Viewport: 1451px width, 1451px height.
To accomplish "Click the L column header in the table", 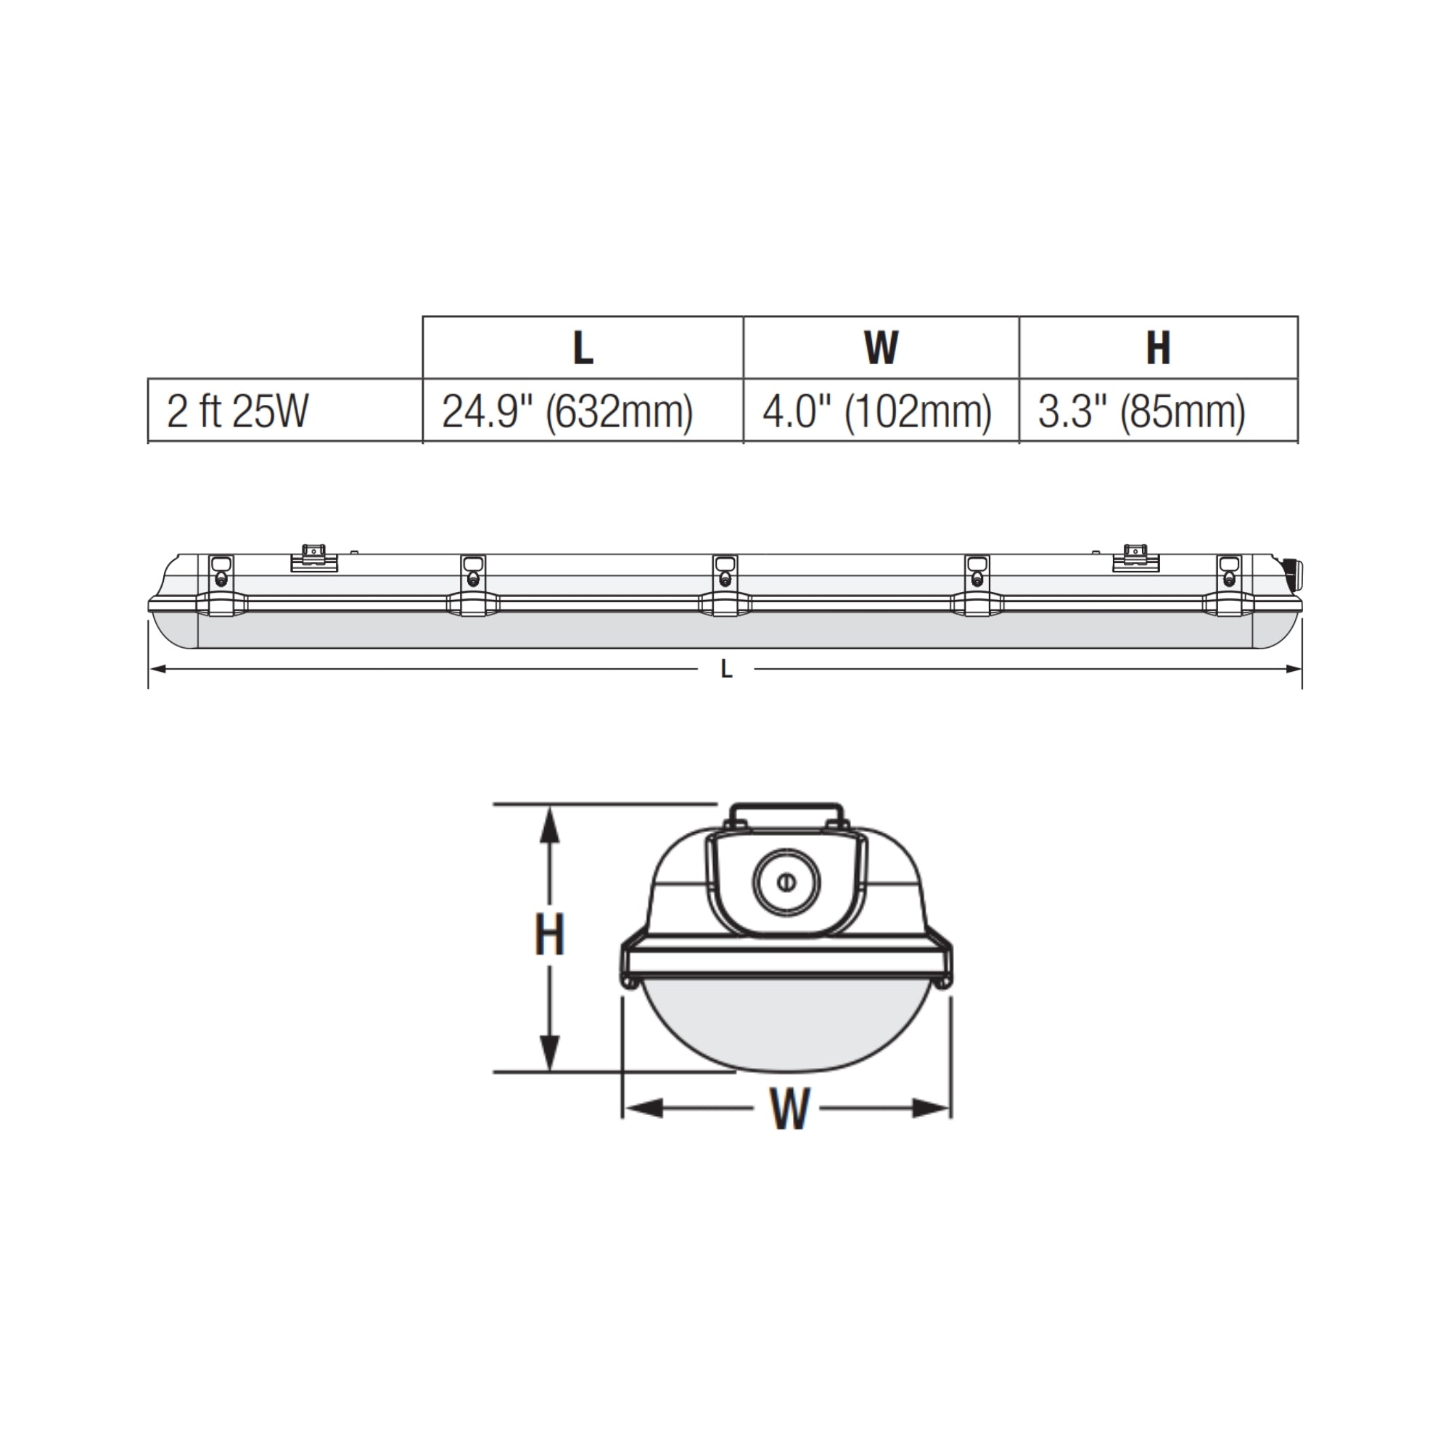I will tap(583, 348).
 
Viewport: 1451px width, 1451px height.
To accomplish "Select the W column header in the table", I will tap(880, 348).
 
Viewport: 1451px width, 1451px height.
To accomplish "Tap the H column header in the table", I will tap(1157, 348).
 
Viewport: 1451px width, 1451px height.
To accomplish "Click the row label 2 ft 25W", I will tap(237, 411).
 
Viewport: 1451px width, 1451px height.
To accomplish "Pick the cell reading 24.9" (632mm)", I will tap(567, 412).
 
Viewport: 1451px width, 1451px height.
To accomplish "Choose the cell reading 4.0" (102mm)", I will tap(876, 412).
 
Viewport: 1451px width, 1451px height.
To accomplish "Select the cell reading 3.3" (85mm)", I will tap(1141, 412).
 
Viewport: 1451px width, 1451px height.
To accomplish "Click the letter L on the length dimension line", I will tap(726, 669).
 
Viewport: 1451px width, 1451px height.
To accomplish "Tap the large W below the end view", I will tap(789, 1109).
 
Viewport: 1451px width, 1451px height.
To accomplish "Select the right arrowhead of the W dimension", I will tap(932, 1108).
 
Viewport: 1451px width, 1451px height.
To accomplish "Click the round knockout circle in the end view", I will tap(786, 881).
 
